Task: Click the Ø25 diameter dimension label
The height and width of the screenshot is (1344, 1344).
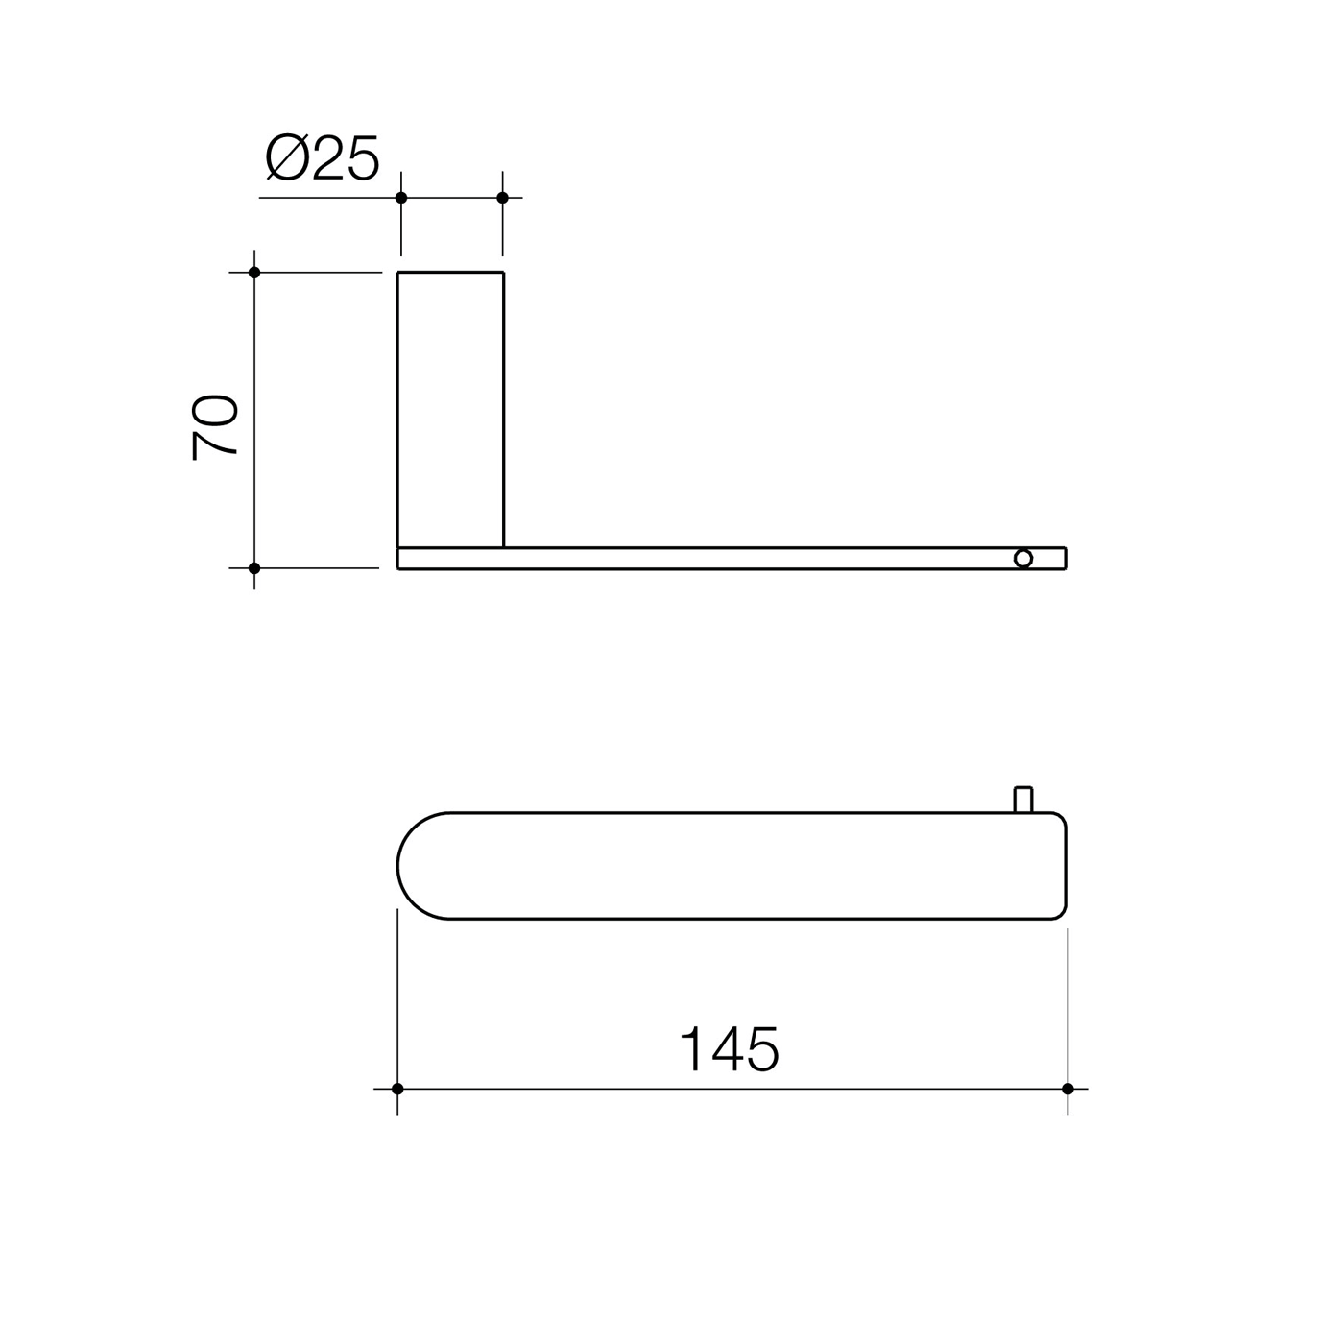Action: tap(323, 157)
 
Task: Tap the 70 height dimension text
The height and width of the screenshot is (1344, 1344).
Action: tap(215, 427)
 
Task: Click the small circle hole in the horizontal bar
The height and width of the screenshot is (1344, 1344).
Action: tap(1023, 558)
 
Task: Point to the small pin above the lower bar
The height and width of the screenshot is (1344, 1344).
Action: tap(1023, 800)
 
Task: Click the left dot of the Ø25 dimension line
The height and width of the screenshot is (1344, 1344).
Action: tap(401, 198)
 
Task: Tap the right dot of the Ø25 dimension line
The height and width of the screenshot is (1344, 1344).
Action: tap(503, 198)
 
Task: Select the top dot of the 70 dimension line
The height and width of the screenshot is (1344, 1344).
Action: tap(254, 272)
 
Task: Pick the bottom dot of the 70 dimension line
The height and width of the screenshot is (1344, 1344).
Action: tap(254, 568)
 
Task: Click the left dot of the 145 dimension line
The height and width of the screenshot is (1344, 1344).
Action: tap(397, 1089)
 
